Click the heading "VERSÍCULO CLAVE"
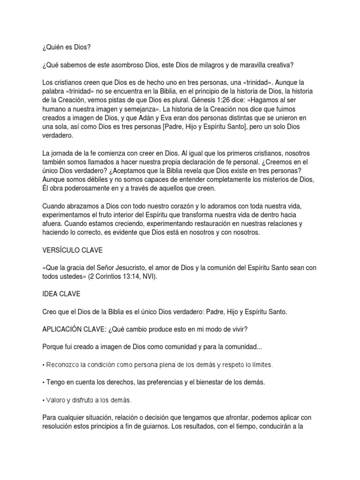[x=73, y=250]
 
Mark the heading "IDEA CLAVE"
[x=61, y=294]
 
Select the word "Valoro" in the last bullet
[x=56, y=400]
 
